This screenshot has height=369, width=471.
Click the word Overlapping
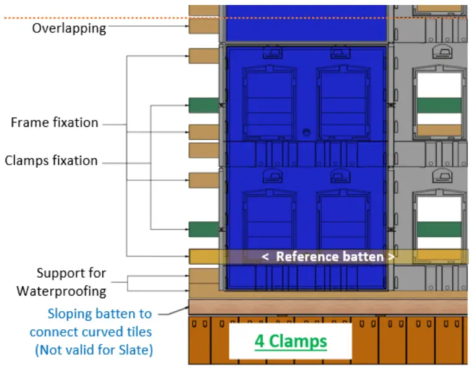point(69,29)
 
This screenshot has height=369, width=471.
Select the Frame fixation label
point(55,123)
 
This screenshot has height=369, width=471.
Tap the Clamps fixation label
point(51,161)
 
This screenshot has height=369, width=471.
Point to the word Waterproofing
point(61,291)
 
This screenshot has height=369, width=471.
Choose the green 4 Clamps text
point(291,341)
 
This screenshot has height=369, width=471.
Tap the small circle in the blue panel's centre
point(306,132)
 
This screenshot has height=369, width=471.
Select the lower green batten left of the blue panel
point(203,229)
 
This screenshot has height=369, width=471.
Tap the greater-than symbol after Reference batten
point(391,257)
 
